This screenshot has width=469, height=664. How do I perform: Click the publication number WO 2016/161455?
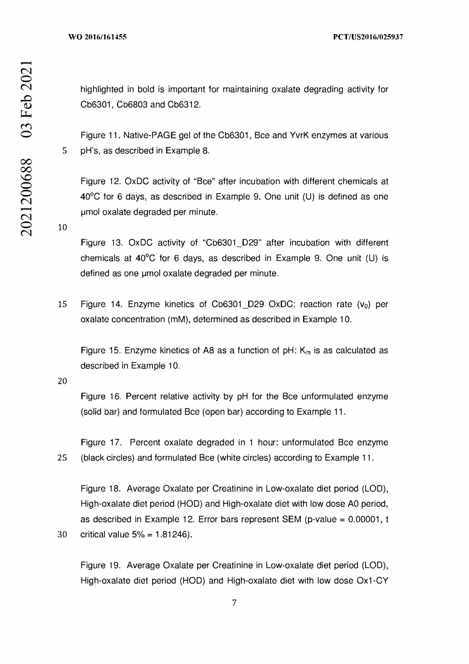(x=97, y=37)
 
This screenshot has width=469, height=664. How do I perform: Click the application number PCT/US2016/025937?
(x=368, y=37)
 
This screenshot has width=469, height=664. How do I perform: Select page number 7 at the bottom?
(x=234, y=602)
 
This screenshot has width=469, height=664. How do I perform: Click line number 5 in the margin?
(x=64, y=151)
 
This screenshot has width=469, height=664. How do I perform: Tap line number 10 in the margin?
(x=62, y=227)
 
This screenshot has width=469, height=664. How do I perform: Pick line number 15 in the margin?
(x=62, y=304)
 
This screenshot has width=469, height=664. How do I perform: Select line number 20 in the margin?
(x=62, y=381)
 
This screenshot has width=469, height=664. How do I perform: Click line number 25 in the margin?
(x=62, y=458)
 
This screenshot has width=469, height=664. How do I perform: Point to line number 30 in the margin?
(x=62, y=535)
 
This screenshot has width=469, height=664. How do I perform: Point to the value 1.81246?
(x=171, y=535)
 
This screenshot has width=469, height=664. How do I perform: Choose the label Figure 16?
(x=101, y=397)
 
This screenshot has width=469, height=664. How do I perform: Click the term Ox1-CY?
(x=372, y=581)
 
